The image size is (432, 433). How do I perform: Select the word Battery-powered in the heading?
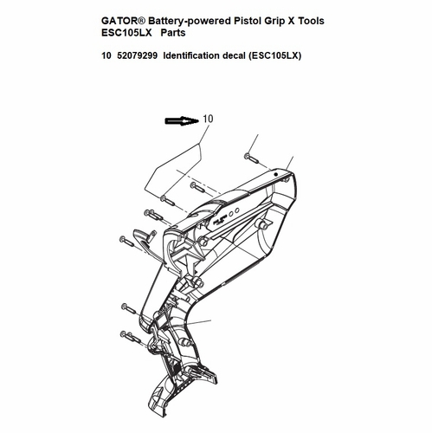(190, 22)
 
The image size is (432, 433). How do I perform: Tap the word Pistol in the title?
(247, 21)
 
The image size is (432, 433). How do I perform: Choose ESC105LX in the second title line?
(126, 33)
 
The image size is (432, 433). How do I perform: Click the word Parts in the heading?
(173, 33)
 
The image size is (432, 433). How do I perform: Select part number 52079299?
(138, 55)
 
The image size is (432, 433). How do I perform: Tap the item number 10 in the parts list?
(106, 55)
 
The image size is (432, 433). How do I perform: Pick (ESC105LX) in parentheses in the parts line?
(274, 55)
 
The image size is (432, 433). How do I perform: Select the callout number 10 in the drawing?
(208, 119)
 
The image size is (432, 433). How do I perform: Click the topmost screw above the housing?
(252, 158)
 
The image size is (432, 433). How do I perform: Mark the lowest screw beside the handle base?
(131, 337)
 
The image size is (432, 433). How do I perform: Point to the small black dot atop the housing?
(276, 174)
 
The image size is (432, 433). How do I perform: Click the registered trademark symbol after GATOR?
(145, 20)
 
